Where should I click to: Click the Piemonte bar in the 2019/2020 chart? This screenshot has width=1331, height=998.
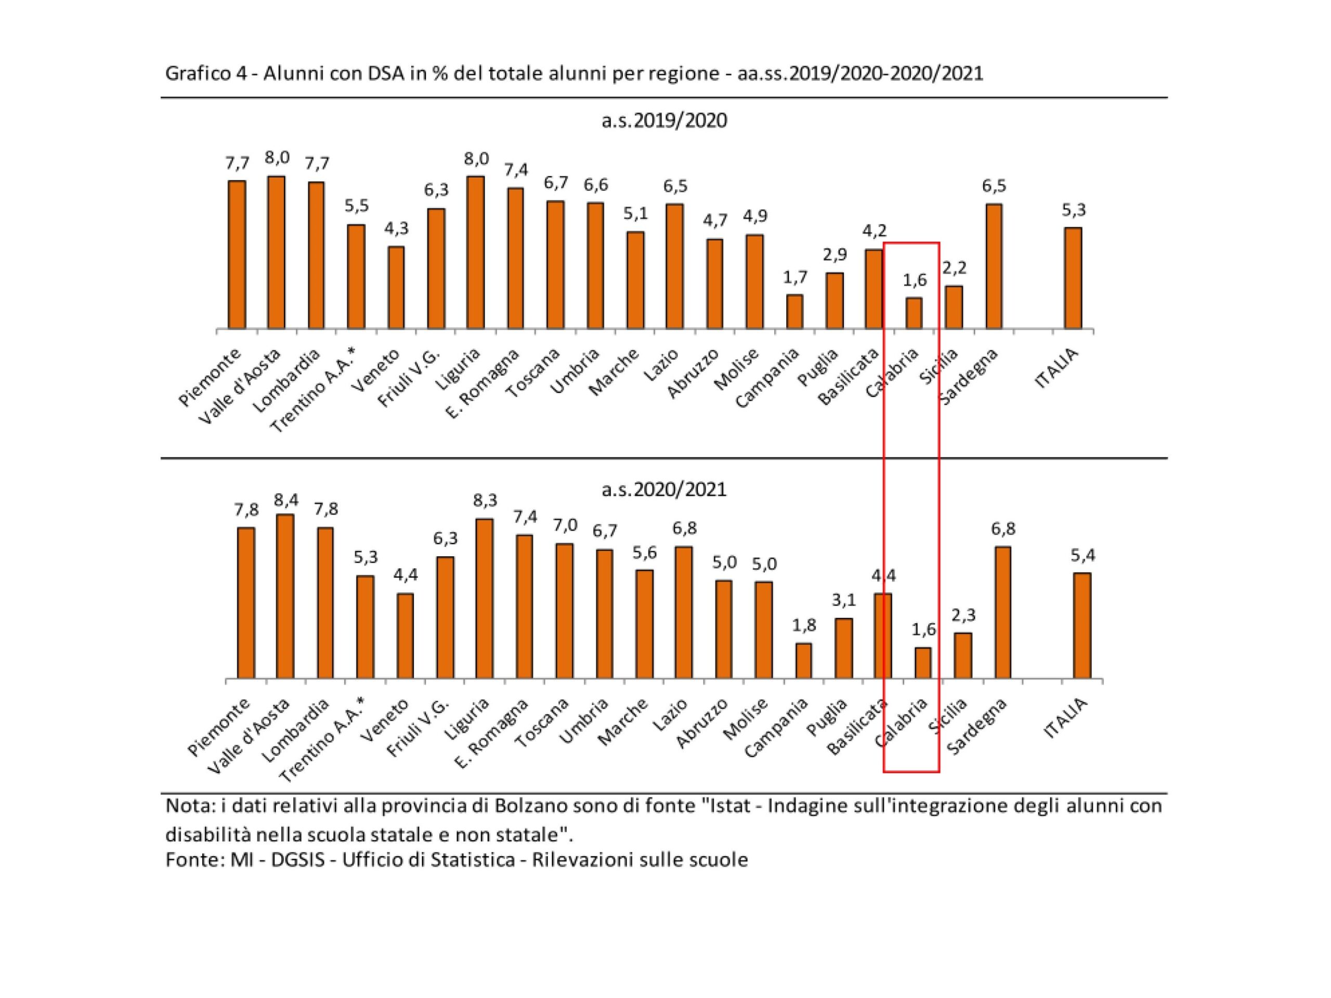(x=237, y=255)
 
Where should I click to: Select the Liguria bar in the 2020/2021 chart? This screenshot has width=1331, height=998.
(x=485, y=599)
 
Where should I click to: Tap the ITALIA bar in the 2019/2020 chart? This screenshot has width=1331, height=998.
(x=1073, y=278)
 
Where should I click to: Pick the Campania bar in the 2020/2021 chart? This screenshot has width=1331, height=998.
(x=803, y=661)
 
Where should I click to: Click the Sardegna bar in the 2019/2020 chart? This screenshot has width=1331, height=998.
(x=994, y=267)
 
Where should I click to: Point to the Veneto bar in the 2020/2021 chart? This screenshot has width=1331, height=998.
(x=405, y=636)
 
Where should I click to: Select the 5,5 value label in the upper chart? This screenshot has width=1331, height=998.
(x=356, y=206)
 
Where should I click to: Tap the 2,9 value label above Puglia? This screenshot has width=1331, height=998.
(x=834, y=255)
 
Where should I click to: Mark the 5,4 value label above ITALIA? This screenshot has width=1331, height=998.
(x=1082, y=555)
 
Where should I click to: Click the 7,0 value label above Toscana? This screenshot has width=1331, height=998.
(x=565, y=525)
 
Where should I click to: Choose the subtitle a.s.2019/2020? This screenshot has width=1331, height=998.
(x=664, y=121)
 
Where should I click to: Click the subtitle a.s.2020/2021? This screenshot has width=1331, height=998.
(x=664, y=489)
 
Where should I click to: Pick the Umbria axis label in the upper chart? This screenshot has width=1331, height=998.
(x=575, y=371)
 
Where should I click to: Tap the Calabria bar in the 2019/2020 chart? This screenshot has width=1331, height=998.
(x=914, y=313)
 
